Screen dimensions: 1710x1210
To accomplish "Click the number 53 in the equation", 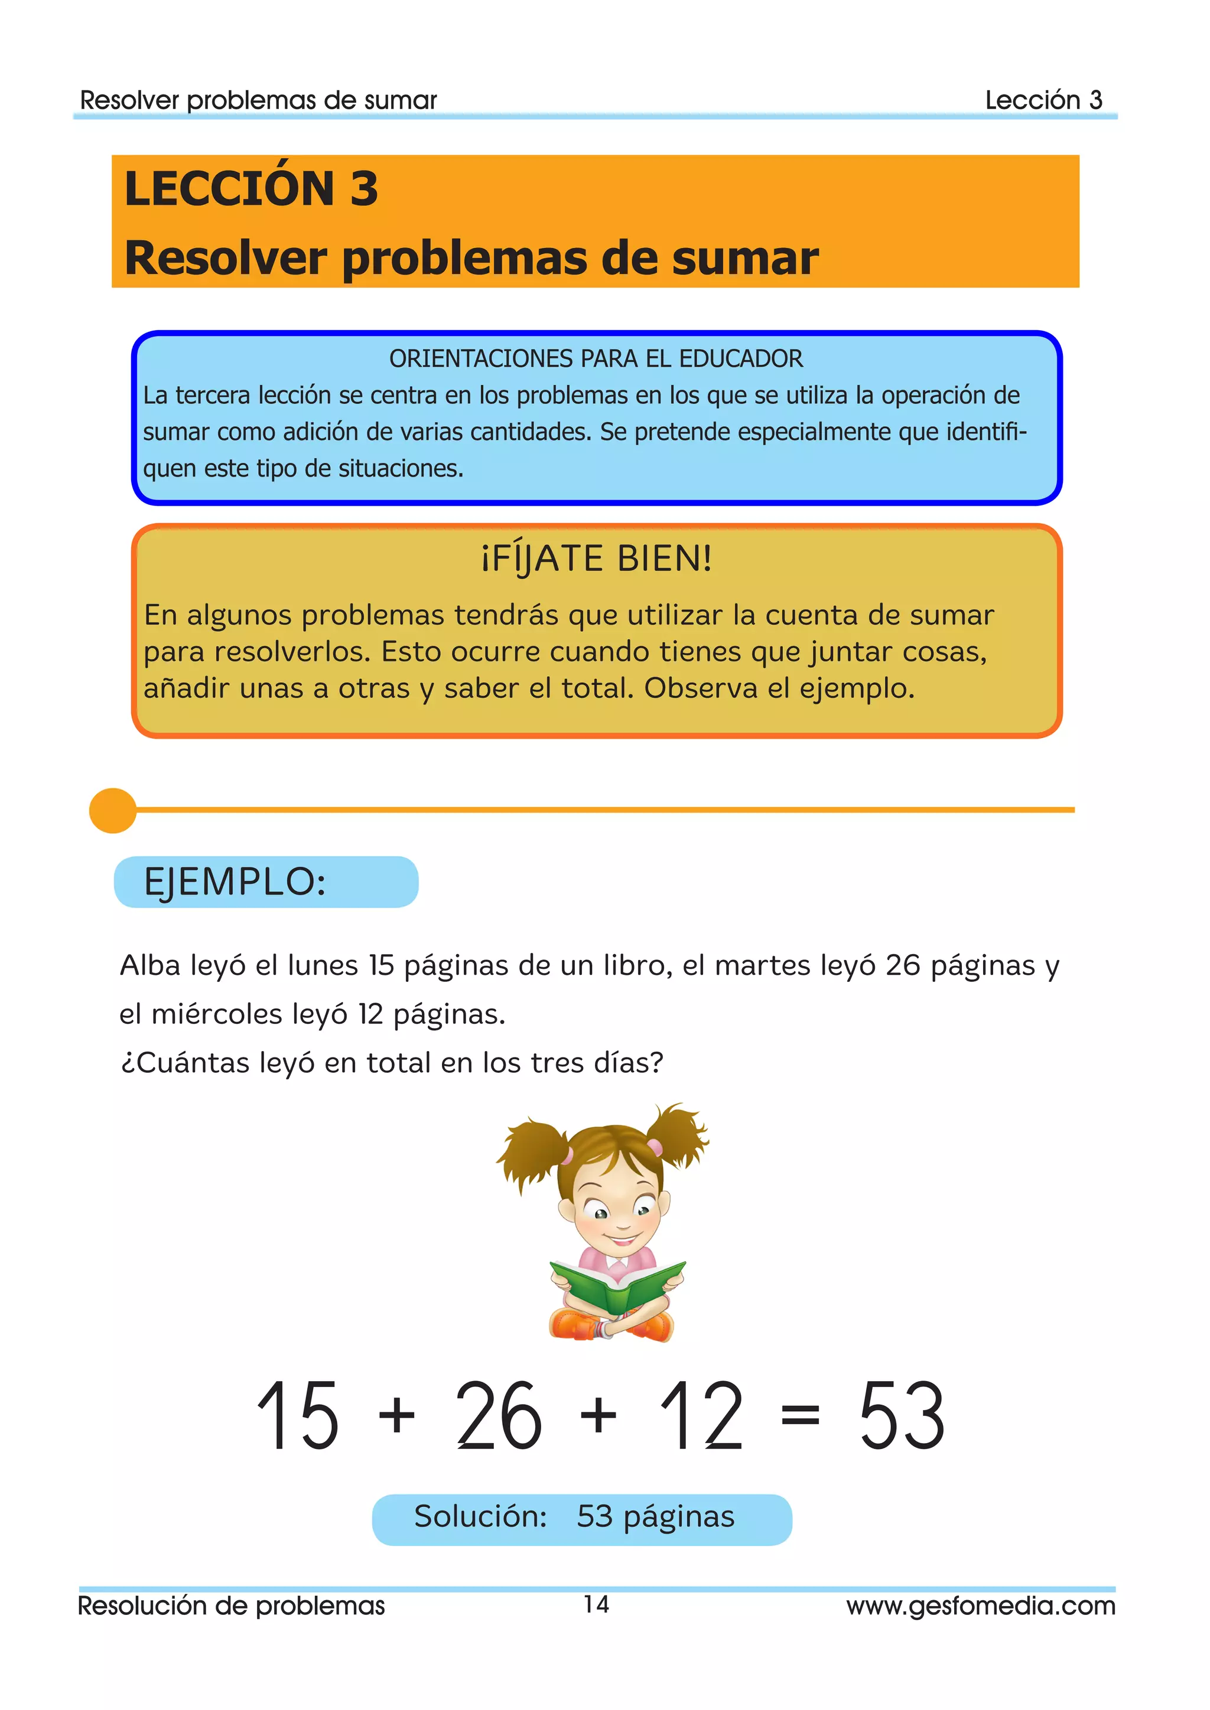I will click(x=902, y=1415).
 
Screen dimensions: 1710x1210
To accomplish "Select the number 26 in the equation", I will click(x=499, y=1415).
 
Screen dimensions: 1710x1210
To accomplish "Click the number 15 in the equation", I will click(x=298, y=1415).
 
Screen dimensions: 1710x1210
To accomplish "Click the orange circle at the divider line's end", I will click(x=112, y=810).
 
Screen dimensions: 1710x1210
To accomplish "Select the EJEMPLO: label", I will click(x=235, y=883).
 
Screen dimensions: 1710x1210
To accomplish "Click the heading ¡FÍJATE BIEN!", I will click(x=597, y=559).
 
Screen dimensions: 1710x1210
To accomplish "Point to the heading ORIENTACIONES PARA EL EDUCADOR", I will click(x=596, y=359).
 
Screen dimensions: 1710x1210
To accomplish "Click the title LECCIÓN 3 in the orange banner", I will click(x=251, y=188).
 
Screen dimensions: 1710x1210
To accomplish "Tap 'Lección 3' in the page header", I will click(x=1043, y=100).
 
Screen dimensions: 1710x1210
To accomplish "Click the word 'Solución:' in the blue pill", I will click(x=480, y=1516).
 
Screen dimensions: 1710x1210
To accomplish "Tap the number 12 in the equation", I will click(x=702, y=1415).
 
